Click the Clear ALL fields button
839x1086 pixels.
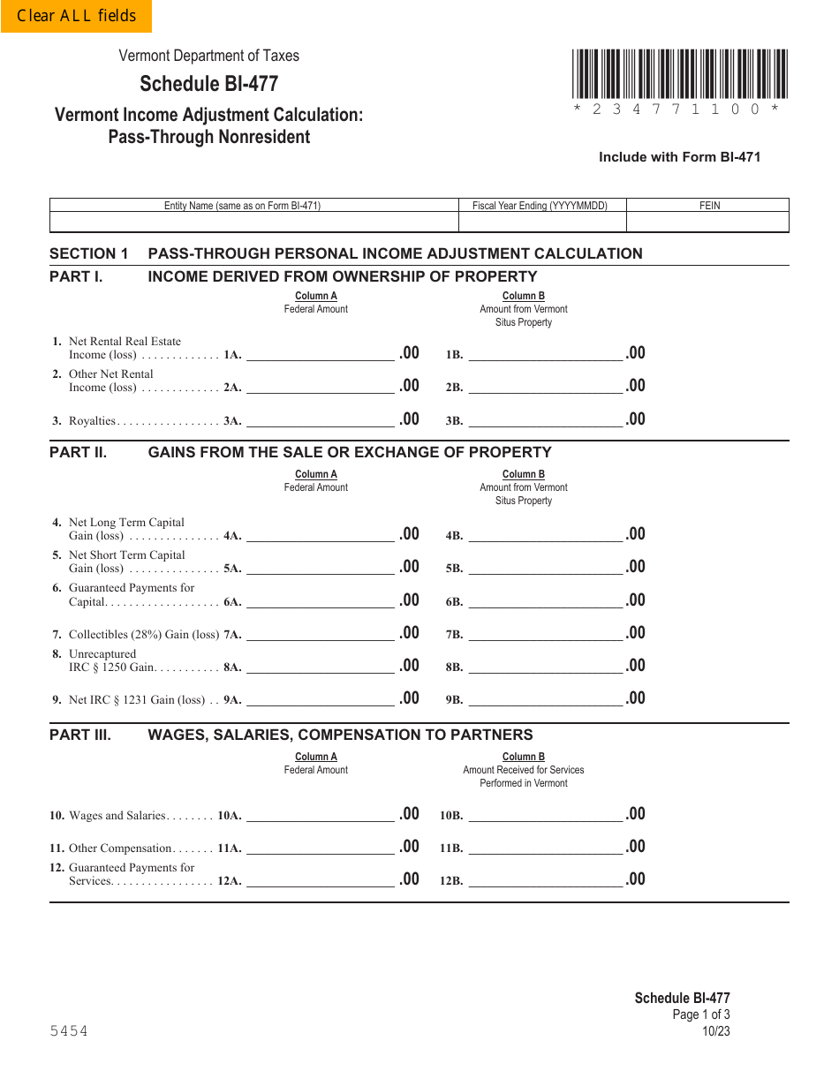coord(76,16)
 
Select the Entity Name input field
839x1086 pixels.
coord(254,222)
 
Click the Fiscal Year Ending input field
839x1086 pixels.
coord(541,222)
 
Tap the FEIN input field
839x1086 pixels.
coord(707,222)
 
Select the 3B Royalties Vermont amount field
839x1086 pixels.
coord(545,419)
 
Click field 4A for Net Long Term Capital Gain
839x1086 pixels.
coord(320,534)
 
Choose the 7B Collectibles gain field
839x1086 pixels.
coord(545,633)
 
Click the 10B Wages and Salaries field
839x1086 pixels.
coord(545,814)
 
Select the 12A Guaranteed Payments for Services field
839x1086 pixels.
coord(320,879)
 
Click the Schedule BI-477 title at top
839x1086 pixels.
coord(208,83)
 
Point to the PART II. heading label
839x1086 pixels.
coord(78,452)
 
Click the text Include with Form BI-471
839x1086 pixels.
coord(679,157)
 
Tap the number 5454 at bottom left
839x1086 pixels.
coord(69,1031)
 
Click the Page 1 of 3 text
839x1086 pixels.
coord(701,1014)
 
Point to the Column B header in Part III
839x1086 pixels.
coord(523,757)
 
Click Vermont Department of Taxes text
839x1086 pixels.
coord(209,56)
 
